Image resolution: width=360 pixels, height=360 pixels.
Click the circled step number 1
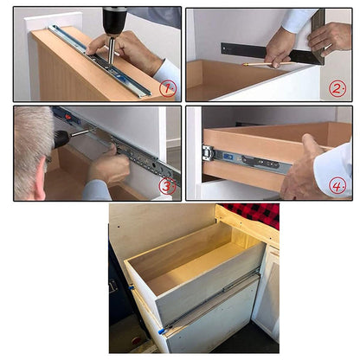point(167,87)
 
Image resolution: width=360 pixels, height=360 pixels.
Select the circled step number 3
point(167,186)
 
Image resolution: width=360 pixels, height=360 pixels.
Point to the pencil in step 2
point(260,64)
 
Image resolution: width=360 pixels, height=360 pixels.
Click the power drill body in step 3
point(61,137)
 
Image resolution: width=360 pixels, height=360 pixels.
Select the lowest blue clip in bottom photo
point(161,331)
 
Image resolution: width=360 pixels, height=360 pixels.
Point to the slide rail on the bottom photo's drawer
point(212,299)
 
